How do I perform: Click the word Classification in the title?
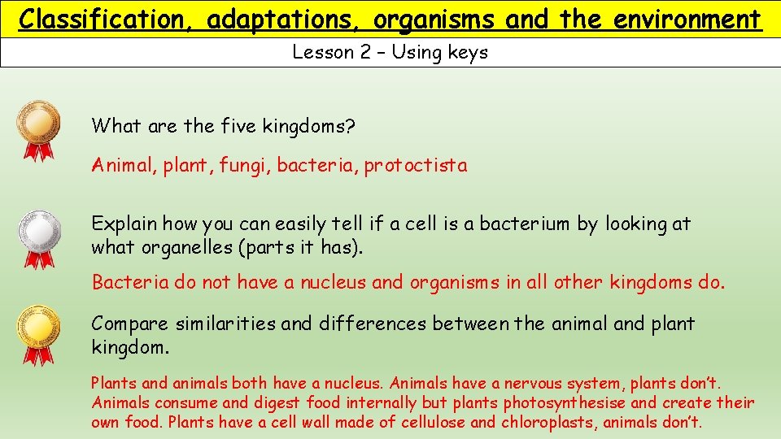(x=106, y=20)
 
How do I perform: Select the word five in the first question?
(x=236, y=126)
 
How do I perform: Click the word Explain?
(x=124, y=224)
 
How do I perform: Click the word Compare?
(x=129, y=324)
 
